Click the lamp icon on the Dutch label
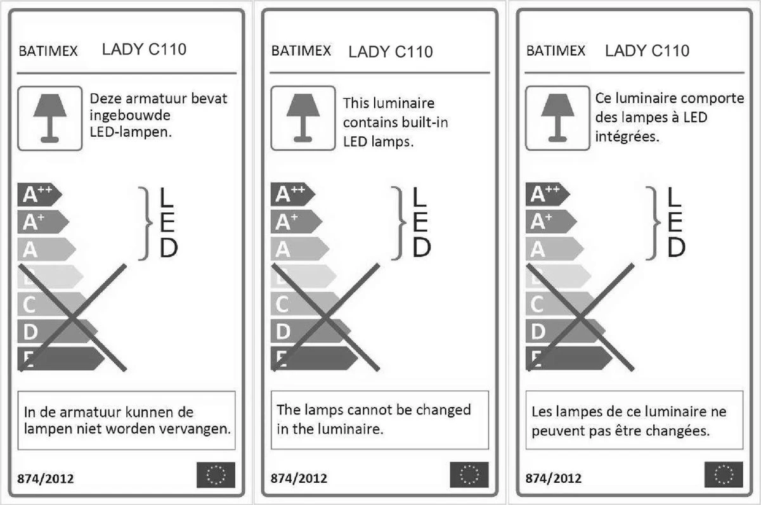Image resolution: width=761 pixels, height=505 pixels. pyautogui.click(x=49, y=118)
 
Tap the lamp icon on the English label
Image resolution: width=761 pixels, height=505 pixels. pyautogui.click(x=303, y=118)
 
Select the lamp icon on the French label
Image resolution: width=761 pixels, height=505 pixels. pyautogui.click(x=557, y=118)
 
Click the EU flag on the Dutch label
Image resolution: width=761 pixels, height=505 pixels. pyautogui.click(x=216, y=475)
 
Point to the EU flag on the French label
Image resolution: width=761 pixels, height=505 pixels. pyautogui.click(x=724, y=475)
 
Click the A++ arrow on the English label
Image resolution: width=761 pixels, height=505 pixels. pyautogui.click(x=293, y=194)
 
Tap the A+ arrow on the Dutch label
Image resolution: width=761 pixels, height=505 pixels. pyautogui.click(x=43, y=222)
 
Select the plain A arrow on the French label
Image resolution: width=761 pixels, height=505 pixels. pyautogui.click(x=555, y=249)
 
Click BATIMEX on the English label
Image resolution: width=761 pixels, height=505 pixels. pyautogui.click(x=301, y=51)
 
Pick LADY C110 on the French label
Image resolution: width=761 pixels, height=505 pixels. pyautogui.click(x=647, y=51)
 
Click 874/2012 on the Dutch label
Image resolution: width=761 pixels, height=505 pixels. pyautogui.click(x=46, y=478)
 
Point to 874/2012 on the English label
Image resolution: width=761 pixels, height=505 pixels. pyautogui.click(x=299, y=478)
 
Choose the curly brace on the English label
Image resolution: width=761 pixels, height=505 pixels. pyautogui.click(x=398, y=223)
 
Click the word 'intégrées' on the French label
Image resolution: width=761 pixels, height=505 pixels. pyautogui.click(x=627, y=137)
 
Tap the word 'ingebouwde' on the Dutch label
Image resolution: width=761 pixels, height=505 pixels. pyautogui.click(x=130, y=116)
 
